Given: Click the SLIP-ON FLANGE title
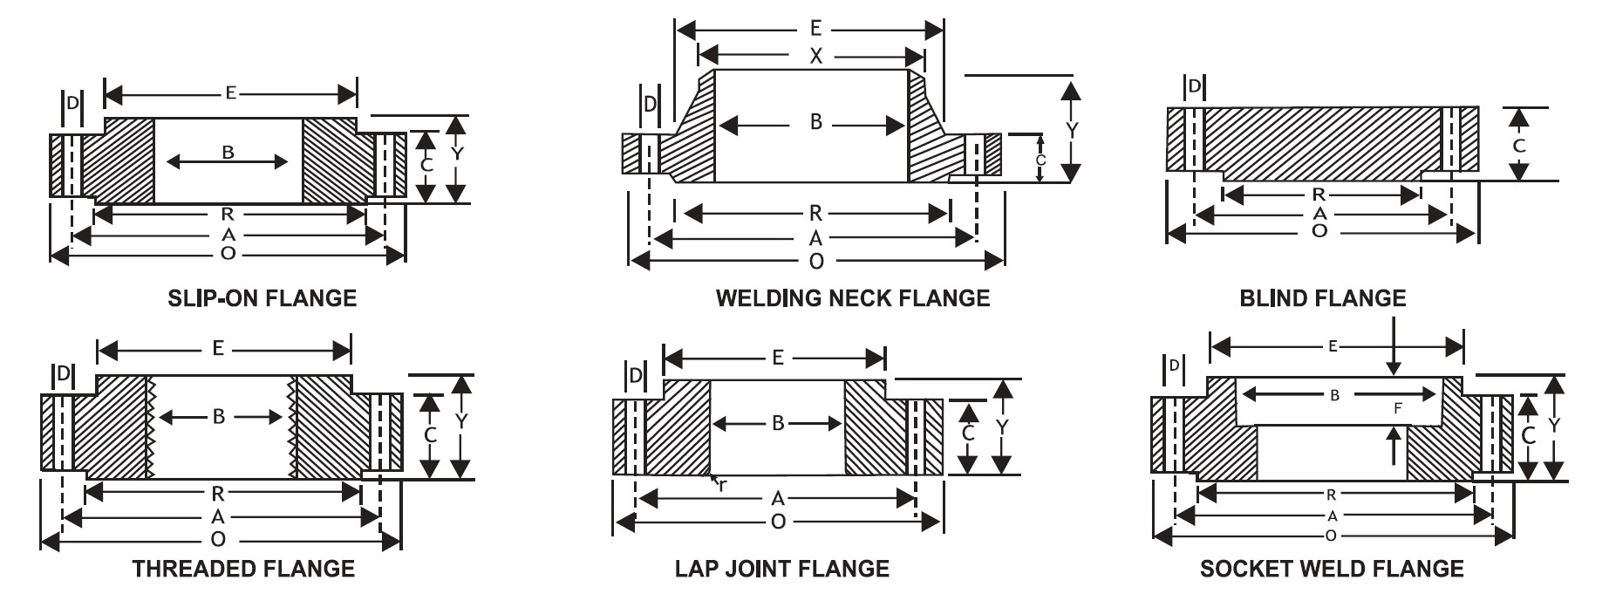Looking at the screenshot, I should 262,298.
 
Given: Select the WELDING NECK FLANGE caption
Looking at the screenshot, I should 853,298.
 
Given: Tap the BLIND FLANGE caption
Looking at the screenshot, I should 1323,298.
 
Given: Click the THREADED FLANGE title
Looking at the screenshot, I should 243,569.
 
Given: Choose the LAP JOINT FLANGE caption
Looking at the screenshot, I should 782,569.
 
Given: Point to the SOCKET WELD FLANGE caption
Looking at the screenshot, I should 1332,569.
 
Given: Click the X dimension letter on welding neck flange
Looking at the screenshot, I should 815,57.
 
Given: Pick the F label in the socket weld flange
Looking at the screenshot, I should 1398,407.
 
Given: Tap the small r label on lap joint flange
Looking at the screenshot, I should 722,485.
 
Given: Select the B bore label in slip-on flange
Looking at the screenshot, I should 228,154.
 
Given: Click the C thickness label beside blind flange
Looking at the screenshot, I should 1519,146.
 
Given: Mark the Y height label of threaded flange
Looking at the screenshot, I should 461,421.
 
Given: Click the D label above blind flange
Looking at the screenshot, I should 1195,85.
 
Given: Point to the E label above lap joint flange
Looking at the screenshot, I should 777,358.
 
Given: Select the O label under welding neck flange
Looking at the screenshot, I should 816,261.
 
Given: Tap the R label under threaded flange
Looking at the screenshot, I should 218,494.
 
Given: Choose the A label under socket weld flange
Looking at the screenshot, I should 1332,515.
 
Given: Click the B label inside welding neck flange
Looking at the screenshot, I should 815,123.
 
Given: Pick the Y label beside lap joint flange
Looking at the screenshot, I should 1003,427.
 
